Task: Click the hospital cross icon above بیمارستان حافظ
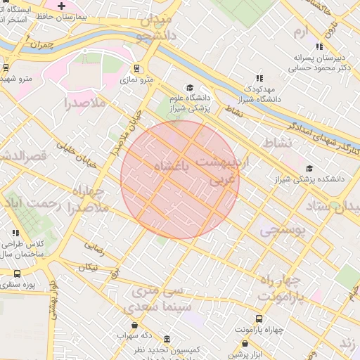click(62, 6)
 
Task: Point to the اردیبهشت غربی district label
click(219, 171)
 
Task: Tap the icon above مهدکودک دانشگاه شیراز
click(259, 78)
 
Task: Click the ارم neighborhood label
click(301, 32)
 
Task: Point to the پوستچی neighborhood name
click(279, 229)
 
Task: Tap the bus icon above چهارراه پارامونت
click(259, 318)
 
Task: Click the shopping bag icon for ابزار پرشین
click(245, 343)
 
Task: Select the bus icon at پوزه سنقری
click(17, 274)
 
